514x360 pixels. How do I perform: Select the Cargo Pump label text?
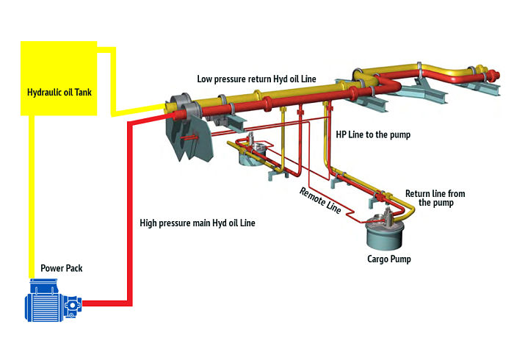(389, 259)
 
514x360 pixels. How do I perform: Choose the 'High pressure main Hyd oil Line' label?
(198, 222)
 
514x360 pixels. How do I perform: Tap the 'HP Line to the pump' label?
(373, 135)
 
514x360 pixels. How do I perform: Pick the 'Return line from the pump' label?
(435, 198)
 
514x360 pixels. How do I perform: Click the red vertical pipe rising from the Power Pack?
(131, 213)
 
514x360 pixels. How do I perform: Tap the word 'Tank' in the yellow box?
(85, 93)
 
